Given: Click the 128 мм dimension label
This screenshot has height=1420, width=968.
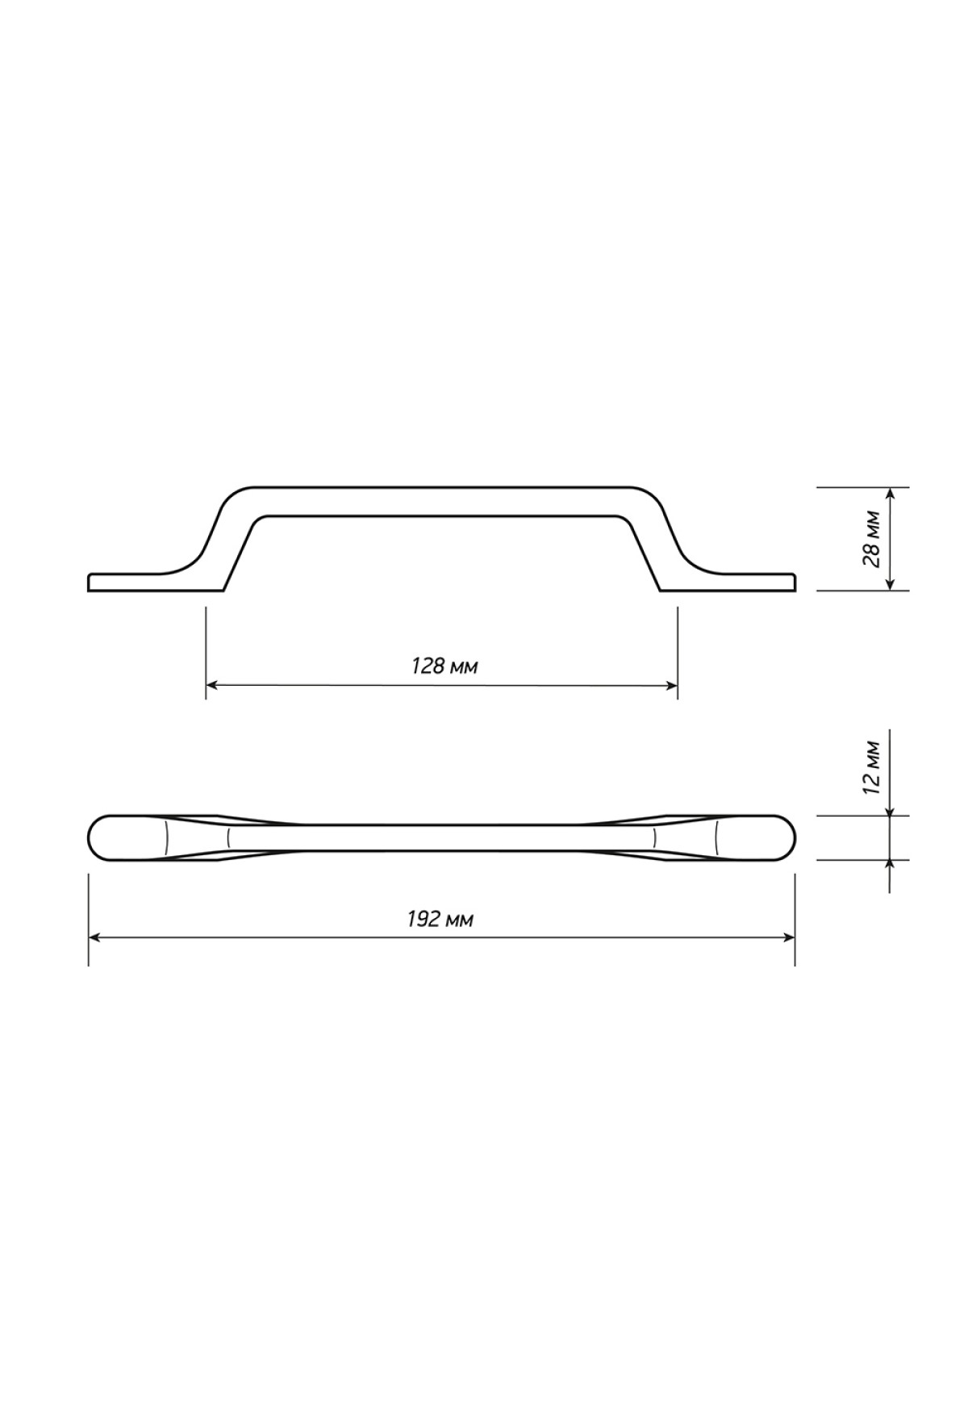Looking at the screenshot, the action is [444, 666].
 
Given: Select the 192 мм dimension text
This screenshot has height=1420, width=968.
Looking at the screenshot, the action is [440, 919].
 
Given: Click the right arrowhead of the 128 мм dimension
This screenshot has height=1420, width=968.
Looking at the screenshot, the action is [671, 686].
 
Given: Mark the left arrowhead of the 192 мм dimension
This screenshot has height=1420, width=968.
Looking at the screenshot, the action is [94, 938].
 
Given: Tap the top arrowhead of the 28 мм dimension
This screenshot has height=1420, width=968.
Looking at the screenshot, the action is [890, 494].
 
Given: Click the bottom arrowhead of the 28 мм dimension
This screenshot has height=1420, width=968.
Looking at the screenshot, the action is [890, 584].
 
